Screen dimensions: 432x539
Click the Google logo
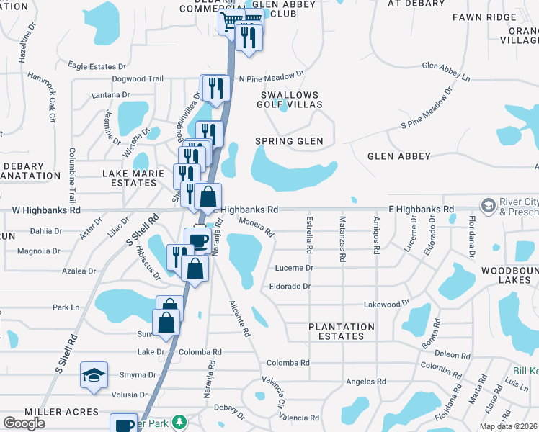click(24, 423)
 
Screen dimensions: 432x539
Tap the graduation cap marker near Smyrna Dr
click(94, 375)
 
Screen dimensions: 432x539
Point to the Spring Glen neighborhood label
click(289, 141)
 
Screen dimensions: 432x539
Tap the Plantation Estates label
click(342, 331)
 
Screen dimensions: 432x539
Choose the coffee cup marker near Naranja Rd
click(197, 240)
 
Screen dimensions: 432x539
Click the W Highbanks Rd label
click(47, 211)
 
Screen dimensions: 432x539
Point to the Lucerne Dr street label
click(295, 268)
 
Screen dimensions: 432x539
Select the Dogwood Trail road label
click(138, 79)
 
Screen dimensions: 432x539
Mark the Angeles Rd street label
click(366, 381)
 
